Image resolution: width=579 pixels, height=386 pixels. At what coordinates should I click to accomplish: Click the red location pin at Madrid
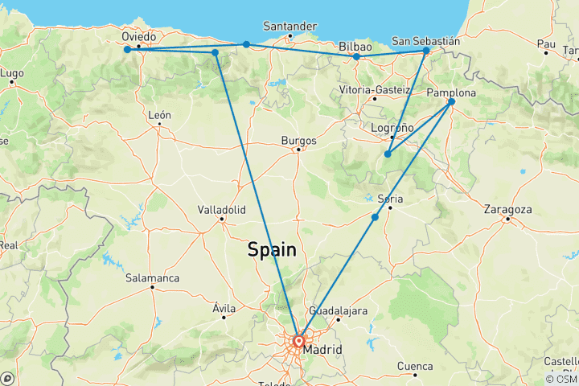coord(298,341)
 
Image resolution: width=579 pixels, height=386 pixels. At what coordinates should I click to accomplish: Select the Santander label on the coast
coord(290,27)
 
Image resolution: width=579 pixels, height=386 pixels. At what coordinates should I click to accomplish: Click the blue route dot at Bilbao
coord(356,57)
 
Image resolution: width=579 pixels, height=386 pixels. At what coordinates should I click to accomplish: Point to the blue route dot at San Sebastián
coord(426,51)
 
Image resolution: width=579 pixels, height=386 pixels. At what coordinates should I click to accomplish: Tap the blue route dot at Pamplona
coord(451,101)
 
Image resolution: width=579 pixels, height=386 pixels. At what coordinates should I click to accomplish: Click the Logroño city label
coord(393,128)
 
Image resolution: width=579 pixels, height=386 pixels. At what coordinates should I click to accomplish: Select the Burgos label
coord(298,140)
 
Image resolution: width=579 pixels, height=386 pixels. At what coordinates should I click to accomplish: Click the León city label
coord(159,115)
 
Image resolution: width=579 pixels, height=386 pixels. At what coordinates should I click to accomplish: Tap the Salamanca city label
coord(152,277)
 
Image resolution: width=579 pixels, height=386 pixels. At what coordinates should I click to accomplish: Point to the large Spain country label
coord(272,250)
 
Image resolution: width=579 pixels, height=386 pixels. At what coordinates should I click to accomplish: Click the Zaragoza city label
coord(507,209)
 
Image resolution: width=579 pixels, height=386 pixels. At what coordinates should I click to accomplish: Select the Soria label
coord(389,199)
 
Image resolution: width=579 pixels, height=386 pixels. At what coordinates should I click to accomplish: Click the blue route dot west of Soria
coord(375,217)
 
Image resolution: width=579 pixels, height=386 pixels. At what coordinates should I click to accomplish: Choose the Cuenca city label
coord(416,366)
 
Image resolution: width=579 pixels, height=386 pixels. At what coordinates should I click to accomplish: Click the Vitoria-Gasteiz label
coord(375,89)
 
